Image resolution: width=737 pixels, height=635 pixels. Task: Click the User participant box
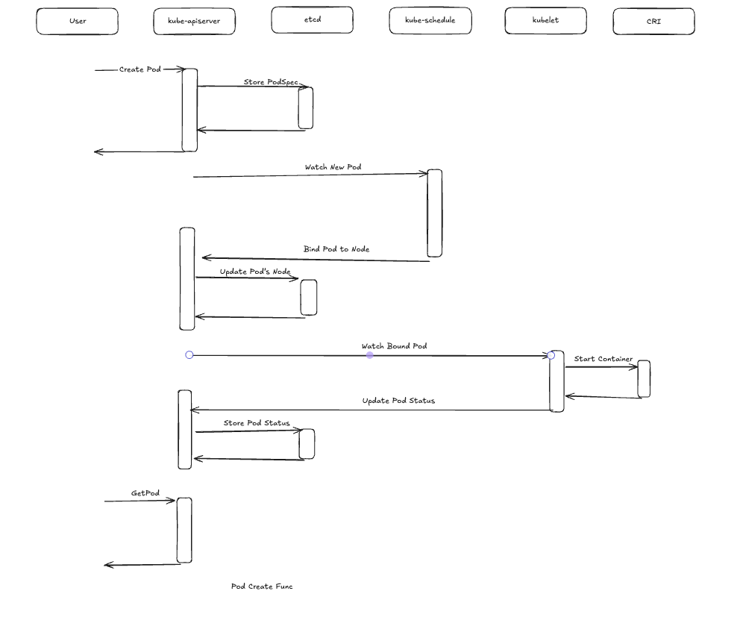(x=77, y=22)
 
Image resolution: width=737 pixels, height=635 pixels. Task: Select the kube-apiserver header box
(x=194, y=22)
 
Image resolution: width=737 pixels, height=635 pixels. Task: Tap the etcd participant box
(x=312, y=20)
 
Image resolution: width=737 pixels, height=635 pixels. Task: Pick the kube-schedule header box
(x=430, y=21)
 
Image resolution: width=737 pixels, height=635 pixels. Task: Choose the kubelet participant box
(x=545, y=21)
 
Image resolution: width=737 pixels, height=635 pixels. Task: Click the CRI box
(x=653, y=22)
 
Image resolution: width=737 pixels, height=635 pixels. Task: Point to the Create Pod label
(x=139, y=69)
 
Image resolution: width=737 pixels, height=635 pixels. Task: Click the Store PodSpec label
(x=271, y=82)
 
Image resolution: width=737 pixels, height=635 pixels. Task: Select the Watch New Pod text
(x=333, y=167)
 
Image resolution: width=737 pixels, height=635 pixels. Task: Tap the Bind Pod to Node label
(x=336, y=249)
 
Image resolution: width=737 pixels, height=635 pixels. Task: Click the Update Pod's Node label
(x=255, y=272)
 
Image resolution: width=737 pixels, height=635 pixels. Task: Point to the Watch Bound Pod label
(x=394, y=346)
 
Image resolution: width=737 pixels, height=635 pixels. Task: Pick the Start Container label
(x=603, y=359)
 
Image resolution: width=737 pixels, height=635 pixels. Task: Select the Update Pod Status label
(x=398, y=401)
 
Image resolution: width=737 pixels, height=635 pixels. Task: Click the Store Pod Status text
(x=257, y=423)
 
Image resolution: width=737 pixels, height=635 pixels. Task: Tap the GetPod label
(x=145, y=493)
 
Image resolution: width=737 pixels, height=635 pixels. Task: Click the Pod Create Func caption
(x=262, y=586)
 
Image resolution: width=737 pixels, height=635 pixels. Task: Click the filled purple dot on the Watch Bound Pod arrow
(x=369, y=355)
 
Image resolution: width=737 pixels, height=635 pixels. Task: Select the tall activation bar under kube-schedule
(x=434, y=213)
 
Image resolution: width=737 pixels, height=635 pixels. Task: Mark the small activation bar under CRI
(x=644, y=379)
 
